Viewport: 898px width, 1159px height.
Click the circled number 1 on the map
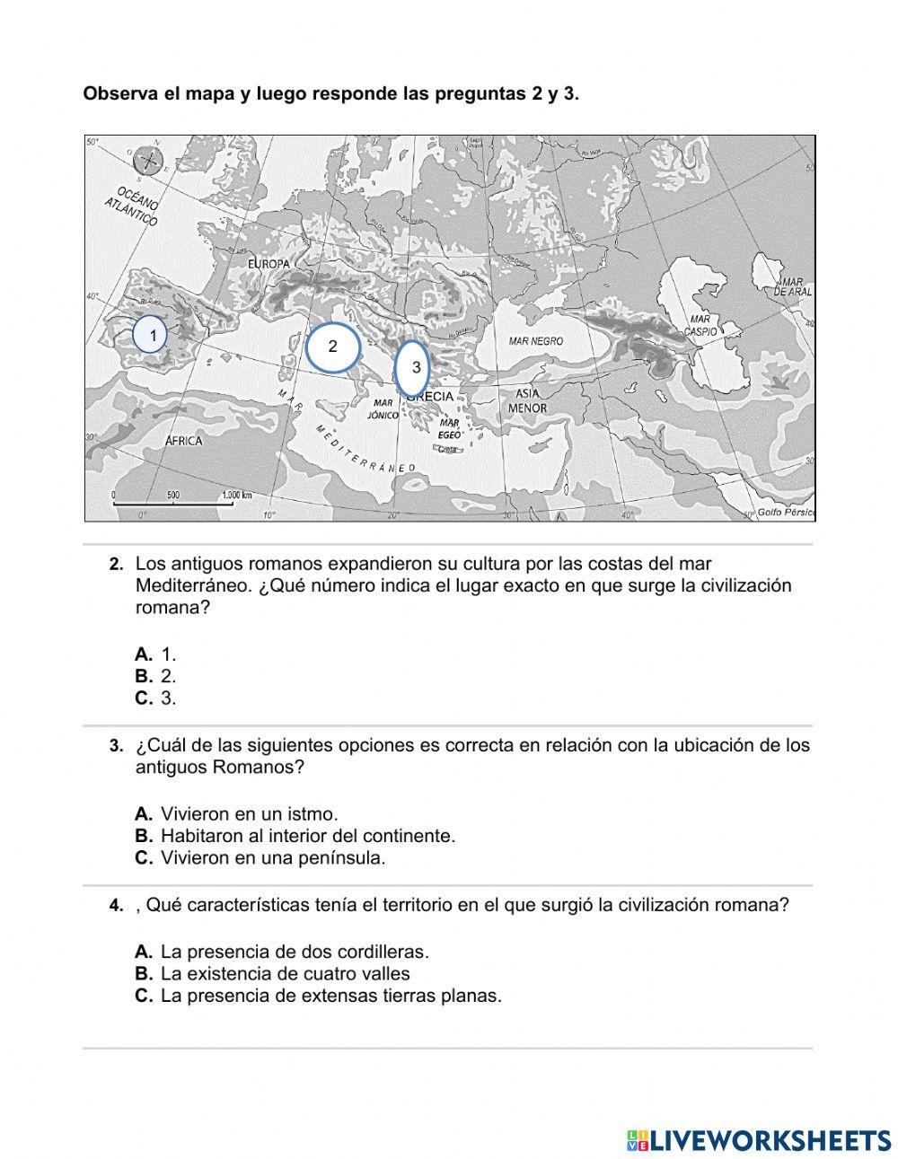pyautogui.click(x=150, y=335)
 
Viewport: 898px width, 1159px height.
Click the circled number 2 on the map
pyautogui.click(x=332, y=347)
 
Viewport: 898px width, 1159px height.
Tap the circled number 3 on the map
pyautogui.click(x=413, y=367)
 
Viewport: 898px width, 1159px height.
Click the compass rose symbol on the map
pyautogui.click(x=148, y=162)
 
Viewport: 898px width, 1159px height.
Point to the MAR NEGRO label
pyautogui.click(x=535, y=341)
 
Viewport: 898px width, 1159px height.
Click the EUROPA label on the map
pyautogui.click(x=269, y=264)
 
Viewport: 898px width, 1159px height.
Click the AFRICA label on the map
pyautogui.click(x=184, y=441)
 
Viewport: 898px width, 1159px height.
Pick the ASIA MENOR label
pyautogui.click(x=527, y=400)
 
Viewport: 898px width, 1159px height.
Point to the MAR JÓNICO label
pyautogui.click(x=383, y=409)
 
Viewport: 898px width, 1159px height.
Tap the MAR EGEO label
pyautogui.click(x=449, y=428)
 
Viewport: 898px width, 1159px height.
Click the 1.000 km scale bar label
pyautogui.click(x=236, y=495)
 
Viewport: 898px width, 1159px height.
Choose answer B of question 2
pyautogui.click(x=156, y=676)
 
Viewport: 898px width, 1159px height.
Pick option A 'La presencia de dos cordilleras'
pyautogui.click(x=282, y=952)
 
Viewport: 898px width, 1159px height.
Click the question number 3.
pyautogui.click(x=116, y=746)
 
